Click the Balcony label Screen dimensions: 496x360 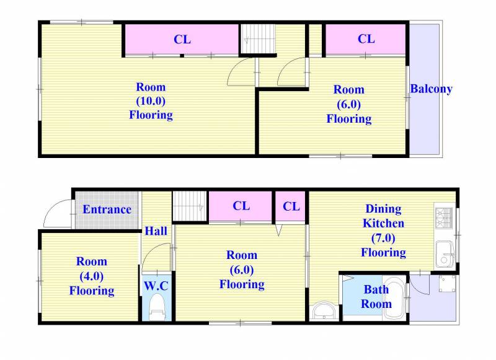point(431,89)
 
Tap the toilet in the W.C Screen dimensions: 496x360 point(157,307)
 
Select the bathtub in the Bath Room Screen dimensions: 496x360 point(394,298)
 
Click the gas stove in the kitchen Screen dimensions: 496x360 point(445,217)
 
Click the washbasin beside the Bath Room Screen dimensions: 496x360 point(323,311)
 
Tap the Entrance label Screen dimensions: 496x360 point(107,209)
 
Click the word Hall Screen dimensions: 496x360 point(156,230)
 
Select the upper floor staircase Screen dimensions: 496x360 point(258,39)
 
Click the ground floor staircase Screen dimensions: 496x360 point(190,206)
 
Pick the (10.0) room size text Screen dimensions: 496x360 point(151,101)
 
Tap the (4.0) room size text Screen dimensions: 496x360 point(92,276)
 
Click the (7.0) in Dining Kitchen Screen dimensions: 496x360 point(383,238)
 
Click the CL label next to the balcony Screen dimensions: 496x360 point(366,39)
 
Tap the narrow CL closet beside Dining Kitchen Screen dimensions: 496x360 point(291,206)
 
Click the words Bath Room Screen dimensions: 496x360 point(376,296)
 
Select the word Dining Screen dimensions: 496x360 point(383,209)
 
